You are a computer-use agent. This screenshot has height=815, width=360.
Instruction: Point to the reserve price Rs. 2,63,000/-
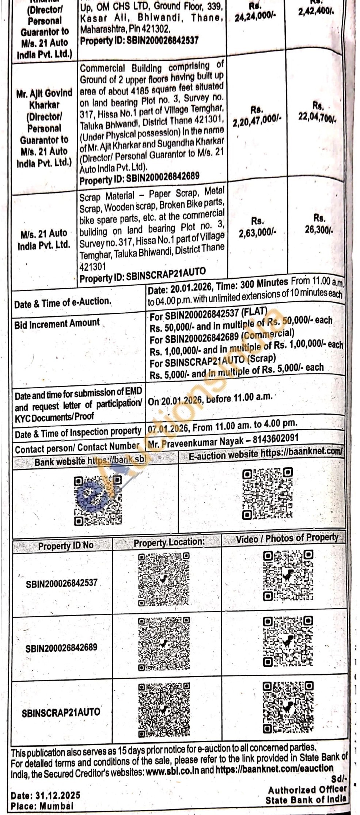(257, 227)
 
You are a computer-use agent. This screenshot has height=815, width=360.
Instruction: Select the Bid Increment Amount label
(57, 324)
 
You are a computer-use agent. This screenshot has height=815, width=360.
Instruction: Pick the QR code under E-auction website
(268, 494)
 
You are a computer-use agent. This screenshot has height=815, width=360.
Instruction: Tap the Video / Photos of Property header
(287, 538)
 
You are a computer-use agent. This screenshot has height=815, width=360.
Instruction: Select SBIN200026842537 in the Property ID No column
(61, 583)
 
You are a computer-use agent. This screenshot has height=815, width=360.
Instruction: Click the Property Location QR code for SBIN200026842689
(164, 644)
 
